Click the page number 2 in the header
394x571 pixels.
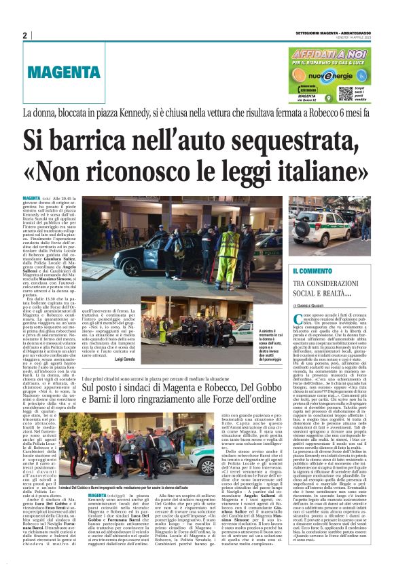tap(24, 36)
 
